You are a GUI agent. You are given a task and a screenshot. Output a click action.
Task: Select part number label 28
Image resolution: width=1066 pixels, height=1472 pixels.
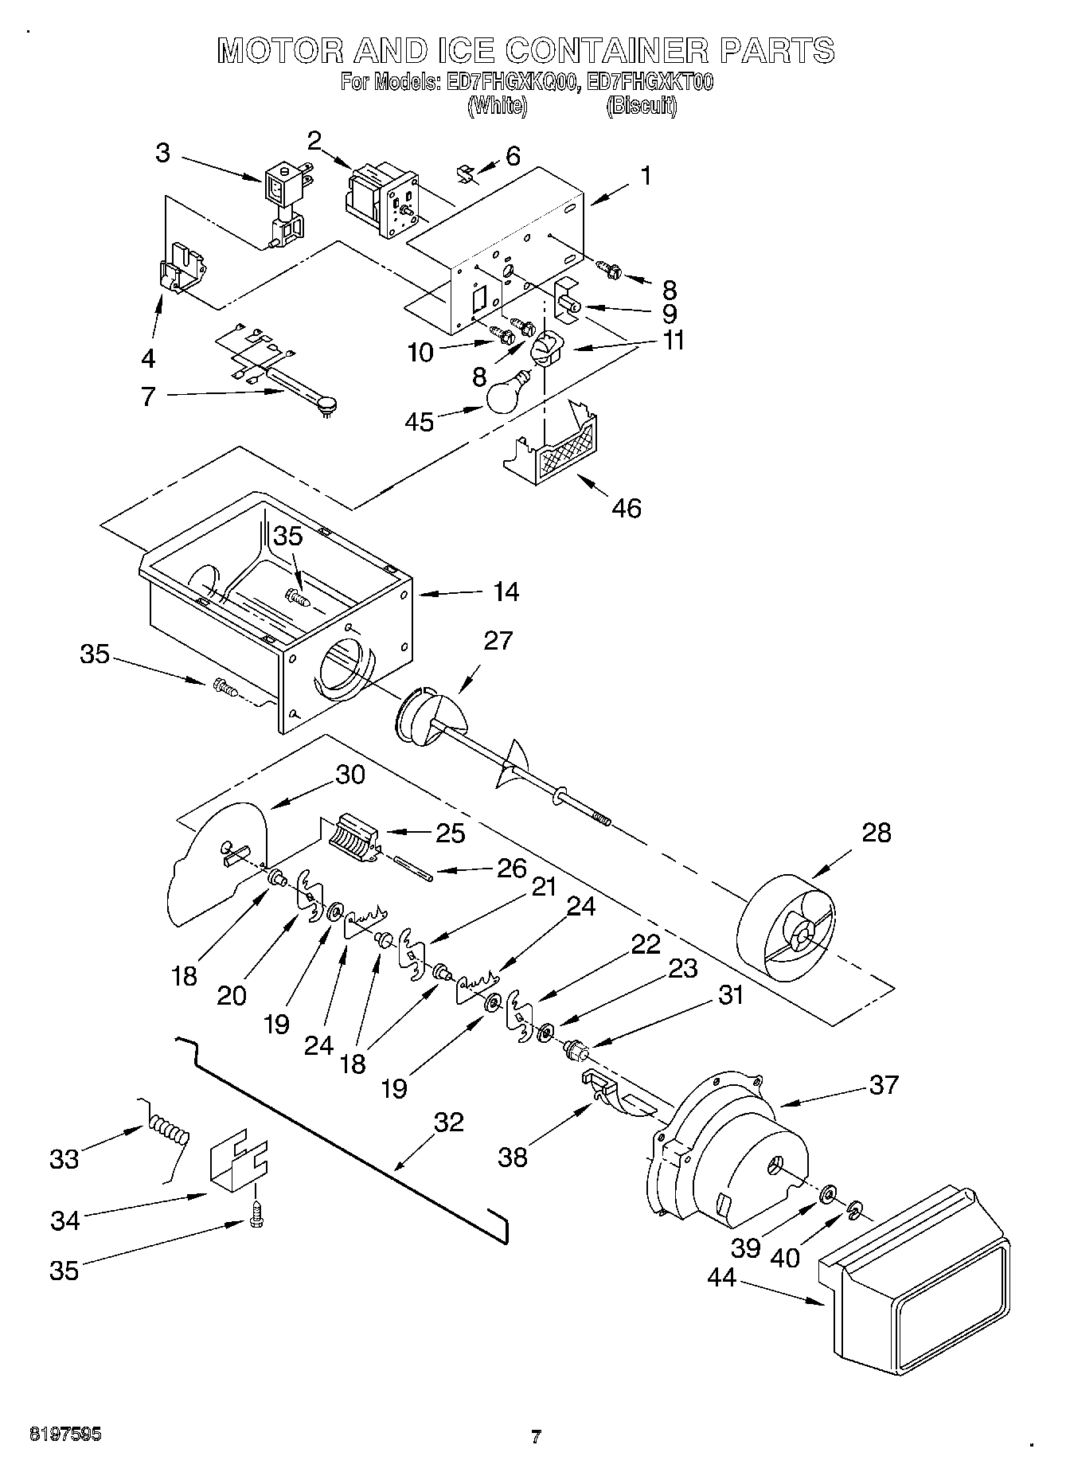pos(876,833)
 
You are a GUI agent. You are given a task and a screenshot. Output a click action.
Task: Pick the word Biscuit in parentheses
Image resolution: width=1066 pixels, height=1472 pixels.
pos(641,106)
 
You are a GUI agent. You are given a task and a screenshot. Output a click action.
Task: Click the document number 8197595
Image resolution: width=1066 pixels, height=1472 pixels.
pos(65,1435)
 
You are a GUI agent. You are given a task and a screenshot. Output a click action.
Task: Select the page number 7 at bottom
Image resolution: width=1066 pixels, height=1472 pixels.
pos(536,1437)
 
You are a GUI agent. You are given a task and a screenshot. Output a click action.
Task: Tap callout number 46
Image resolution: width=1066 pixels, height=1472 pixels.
pos(627,508)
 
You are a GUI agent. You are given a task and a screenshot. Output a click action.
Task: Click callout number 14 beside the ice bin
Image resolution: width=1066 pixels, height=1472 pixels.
pos(505,592)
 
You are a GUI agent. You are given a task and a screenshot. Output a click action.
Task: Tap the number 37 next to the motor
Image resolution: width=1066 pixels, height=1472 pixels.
pos(883,1084)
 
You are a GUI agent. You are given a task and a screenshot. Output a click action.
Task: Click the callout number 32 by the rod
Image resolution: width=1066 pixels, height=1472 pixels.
pos(448,1123)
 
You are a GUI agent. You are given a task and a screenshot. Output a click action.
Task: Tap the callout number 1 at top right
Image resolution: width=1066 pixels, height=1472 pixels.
pos(646,175)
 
